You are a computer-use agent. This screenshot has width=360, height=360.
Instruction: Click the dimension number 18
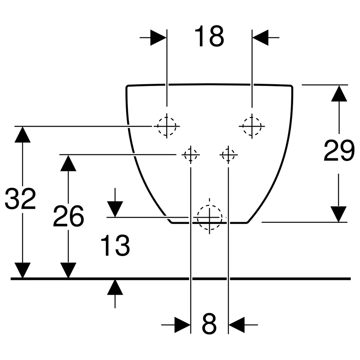(x=209, y=36)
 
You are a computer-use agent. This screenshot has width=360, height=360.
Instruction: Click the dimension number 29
(x=339, y=150)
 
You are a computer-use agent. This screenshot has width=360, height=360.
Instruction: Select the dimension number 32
(x=21, y=199)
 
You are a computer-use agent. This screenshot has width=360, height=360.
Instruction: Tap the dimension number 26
(x=68, y=216)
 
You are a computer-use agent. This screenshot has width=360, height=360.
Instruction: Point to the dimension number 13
(x=115, y=245)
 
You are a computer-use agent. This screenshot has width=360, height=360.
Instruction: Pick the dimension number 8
(x=209, y=324)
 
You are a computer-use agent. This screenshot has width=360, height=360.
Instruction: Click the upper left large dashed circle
(x=167, y=126)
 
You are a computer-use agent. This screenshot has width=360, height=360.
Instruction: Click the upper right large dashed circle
(x=252, y=126)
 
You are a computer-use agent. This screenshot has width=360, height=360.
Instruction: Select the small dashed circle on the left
(x=190, y=154)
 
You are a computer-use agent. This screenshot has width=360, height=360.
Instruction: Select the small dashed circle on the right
(x=228, y=154)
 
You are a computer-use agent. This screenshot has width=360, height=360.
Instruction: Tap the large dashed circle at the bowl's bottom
(x=210, y=217)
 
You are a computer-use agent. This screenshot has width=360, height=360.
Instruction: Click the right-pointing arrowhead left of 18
(x=158, y=37)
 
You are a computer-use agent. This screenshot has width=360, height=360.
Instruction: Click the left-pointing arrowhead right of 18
(x=260, y=37)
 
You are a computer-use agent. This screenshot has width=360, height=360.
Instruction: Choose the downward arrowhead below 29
(x=338, y=214)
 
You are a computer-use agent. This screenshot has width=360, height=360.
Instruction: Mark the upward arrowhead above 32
(x=22, y=135)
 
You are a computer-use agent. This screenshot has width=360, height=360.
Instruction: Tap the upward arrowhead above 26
(x=68, y=163)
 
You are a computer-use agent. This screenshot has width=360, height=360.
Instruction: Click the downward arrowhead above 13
(x=115, y=209)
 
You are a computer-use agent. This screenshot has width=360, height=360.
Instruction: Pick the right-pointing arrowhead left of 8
(x=183, y=325)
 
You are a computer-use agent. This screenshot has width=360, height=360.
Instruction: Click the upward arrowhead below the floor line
(x=115, y=287)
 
